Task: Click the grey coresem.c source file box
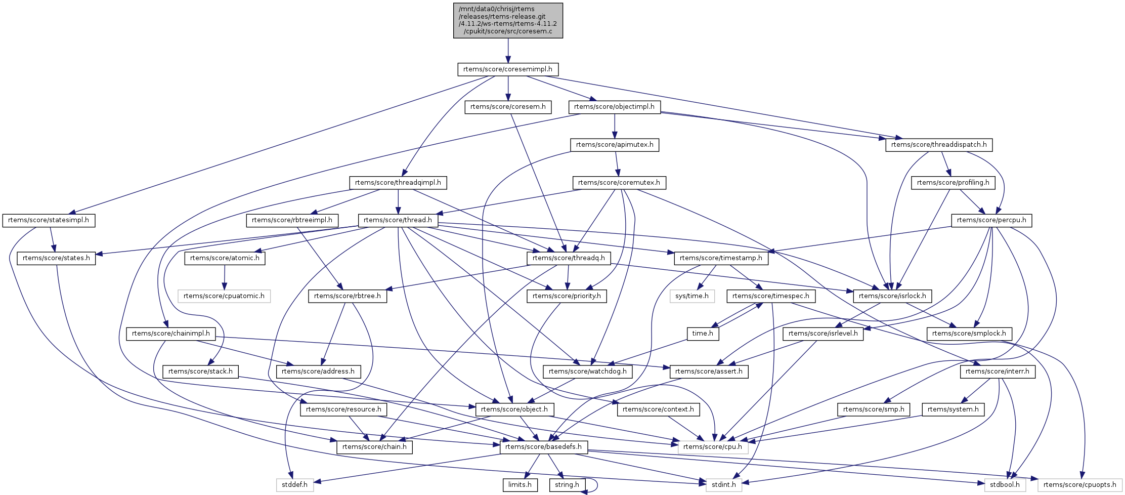[x=508, y=20]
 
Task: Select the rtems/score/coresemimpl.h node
[x=508, y=69]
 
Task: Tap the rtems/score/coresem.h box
[x=508, y=107]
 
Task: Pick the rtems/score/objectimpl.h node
[x=614, y=107]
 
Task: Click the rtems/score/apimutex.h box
[x=615, y=145]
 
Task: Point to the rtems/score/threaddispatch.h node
[x=939, y=145]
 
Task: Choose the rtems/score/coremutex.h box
[x=619, y=183]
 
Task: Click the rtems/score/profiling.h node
[x=953, y=183]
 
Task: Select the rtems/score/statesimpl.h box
[x=49, y=221]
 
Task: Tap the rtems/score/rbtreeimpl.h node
[x=292, y=220]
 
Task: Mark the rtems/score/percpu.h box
[x=991, y=221]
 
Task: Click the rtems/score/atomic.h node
[x=225, y=258]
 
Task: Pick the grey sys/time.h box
[x=692, y=296]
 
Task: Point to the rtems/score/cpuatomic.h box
[x=224, y=296]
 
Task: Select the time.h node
[x=703, y=334]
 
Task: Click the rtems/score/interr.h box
[x=997, y=372]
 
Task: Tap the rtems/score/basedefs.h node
[x=544, y=447]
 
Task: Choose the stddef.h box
[x=295, y=485]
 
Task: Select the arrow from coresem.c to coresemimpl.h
[x=508, y=51]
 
